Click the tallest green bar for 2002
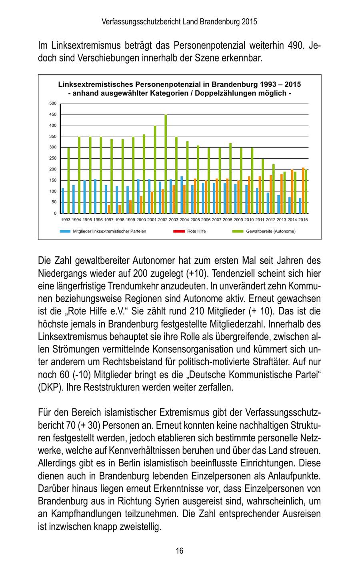(x=166, y=164)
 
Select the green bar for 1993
(x=68, y=180)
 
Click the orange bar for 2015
(x=303, y=190)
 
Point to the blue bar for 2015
(x=300, y=206)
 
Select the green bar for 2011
(x=263, y=186)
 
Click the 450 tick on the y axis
(x=53, y=114)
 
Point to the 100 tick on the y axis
(x=53, y=191)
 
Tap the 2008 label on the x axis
(x=227, y=220)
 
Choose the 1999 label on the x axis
(x=130, y=220)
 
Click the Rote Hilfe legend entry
(x=196, y=231)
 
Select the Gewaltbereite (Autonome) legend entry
(x=271, y=231)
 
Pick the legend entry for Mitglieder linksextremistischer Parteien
(x=109, y=231)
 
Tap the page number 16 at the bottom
(x=180, y=551)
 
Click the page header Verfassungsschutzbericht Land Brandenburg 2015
(x=180, y=22)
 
